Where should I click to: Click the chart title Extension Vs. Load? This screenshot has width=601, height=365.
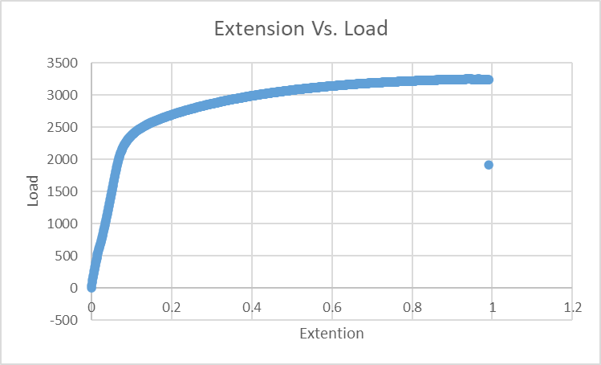coord(300,30)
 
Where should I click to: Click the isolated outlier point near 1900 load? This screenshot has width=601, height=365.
coord(488,165)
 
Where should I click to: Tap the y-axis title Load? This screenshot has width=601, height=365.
coord(33,191)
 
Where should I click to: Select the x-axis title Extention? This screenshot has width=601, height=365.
coord(331,333)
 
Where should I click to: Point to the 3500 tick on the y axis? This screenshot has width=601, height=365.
coord(63,64)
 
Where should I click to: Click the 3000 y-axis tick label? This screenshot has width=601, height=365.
coord(63,96)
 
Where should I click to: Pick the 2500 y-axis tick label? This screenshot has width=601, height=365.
coord(63,128)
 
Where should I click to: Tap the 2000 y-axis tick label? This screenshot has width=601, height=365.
coord(63,160)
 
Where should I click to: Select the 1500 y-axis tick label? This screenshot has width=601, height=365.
coord(63,191)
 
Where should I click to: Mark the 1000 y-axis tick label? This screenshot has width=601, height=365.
coord(63,224)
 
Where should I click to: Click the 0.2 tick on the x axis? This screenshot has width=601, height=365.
coord(171,308)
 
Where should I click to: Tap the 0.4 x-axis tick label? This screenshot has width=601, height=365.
coord(251,308)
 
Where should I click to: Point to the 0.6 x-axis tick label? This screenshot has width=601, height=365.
coord(331,308)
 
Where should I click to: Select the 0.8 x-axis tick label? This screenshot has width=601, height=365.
coord(412,308)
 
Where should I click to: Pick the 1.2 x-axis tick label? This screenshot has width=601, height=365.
coord(572,308)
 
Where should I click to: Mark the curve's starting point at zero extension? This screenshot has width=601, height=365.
coord(91,287)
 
